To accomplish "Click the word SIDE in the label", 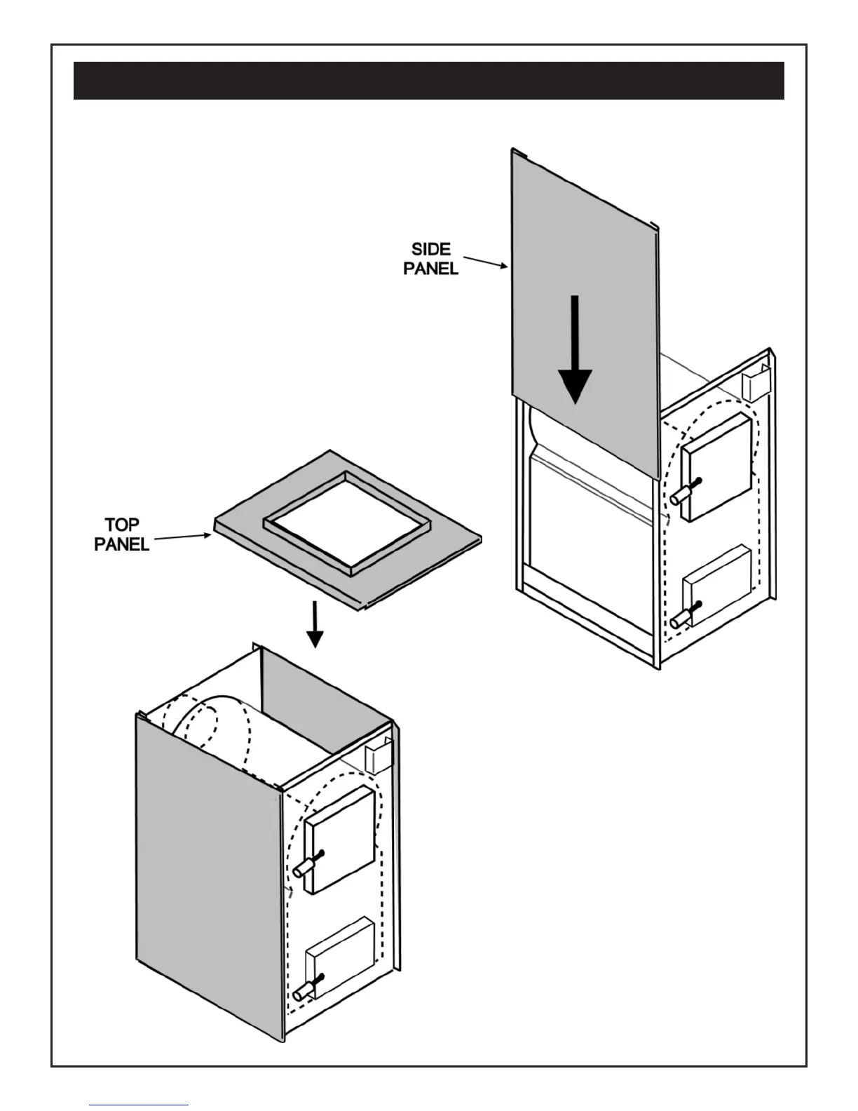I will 431,250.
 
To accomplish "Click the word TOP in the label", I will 122,525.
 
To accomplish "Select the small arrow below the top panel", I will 315,624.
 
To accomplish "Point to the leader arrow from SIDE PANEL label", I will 485,262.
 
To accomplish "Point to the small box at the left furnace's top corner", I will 377,756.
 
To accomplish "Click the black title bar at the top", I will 428,81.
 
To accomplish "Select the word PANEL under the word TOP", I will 122,544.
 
